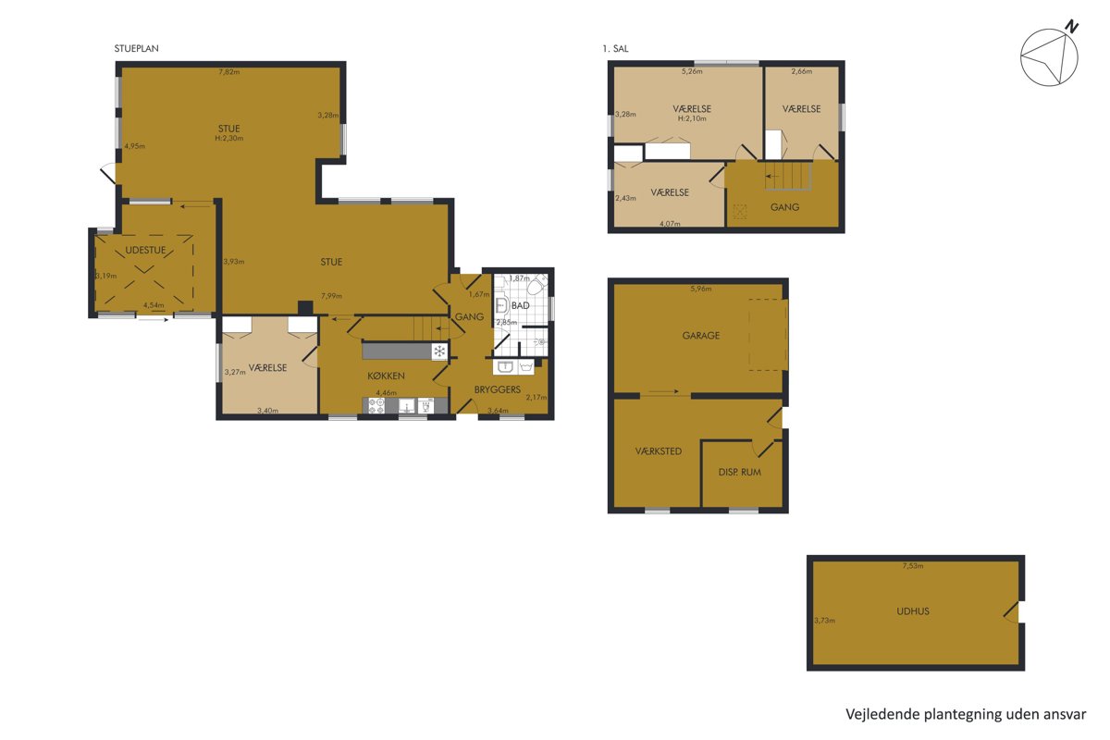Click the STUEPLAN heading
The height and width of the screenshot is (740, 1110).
pos(136,49)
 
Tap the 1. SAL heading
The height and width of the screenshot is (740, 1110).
pos(615,49)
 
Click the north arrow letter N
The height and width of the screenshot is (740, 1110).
pos(1072,26)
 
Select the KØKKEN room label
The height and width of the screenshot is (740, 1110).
pos(386,376)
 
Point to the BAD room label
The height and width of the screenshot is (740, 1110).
pos(520,305)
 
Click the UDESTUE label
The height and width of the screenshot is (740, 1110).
pos(145,250)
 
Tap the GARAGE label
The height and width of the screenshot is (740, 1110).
pos(701,336)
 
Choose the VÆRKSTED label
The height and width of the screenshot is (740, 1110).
pos(658,451)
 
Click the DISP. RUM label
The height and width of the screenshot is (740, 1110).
pos(739,473)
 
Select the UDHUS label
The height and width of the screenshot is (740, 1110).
pos(913,611)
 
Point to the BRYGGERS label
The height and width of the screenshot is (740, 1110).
pos(497,389)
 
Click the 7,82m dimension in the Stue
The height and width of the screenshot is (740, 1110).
pos(229,72)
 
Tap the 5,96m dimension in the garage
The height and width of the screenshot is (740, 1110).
pos(701,289)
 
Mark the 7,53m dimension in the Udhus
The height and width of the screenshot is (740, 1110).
pos(913,565)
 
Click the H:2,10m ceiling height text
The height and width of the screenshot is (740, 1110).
pos(692,118)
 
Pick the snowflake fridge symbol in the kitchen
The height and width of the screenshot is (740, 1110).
pos(439,351)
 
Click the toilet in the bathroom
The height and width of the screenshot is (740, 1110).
pos(537,286)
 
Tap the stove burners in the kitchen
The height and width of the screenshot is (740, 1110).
pos(376,406)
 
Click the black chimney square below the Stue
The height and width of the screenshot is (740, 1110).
pos(304,308)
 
